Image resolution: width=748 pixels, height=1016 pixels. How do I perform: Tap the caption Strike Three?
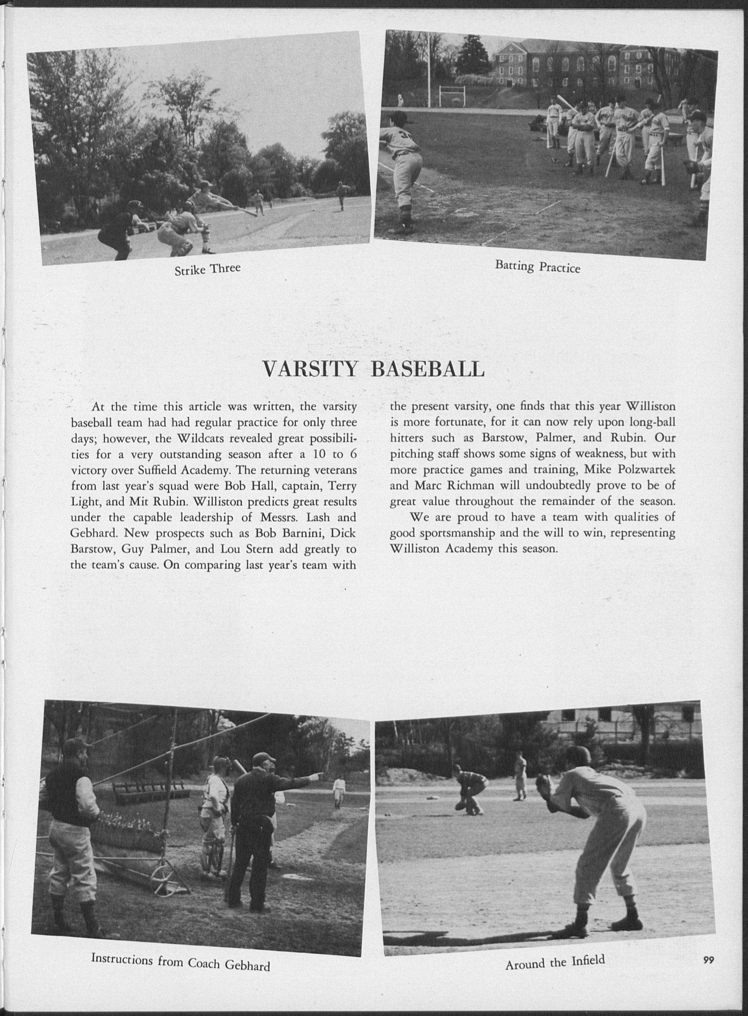(207, 269)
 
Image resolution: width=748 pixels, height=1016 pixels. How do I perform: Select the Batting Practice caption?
(537, 266)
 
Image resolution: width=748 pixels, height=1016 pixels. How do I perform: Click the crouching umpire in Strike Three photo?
(117, 229)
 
